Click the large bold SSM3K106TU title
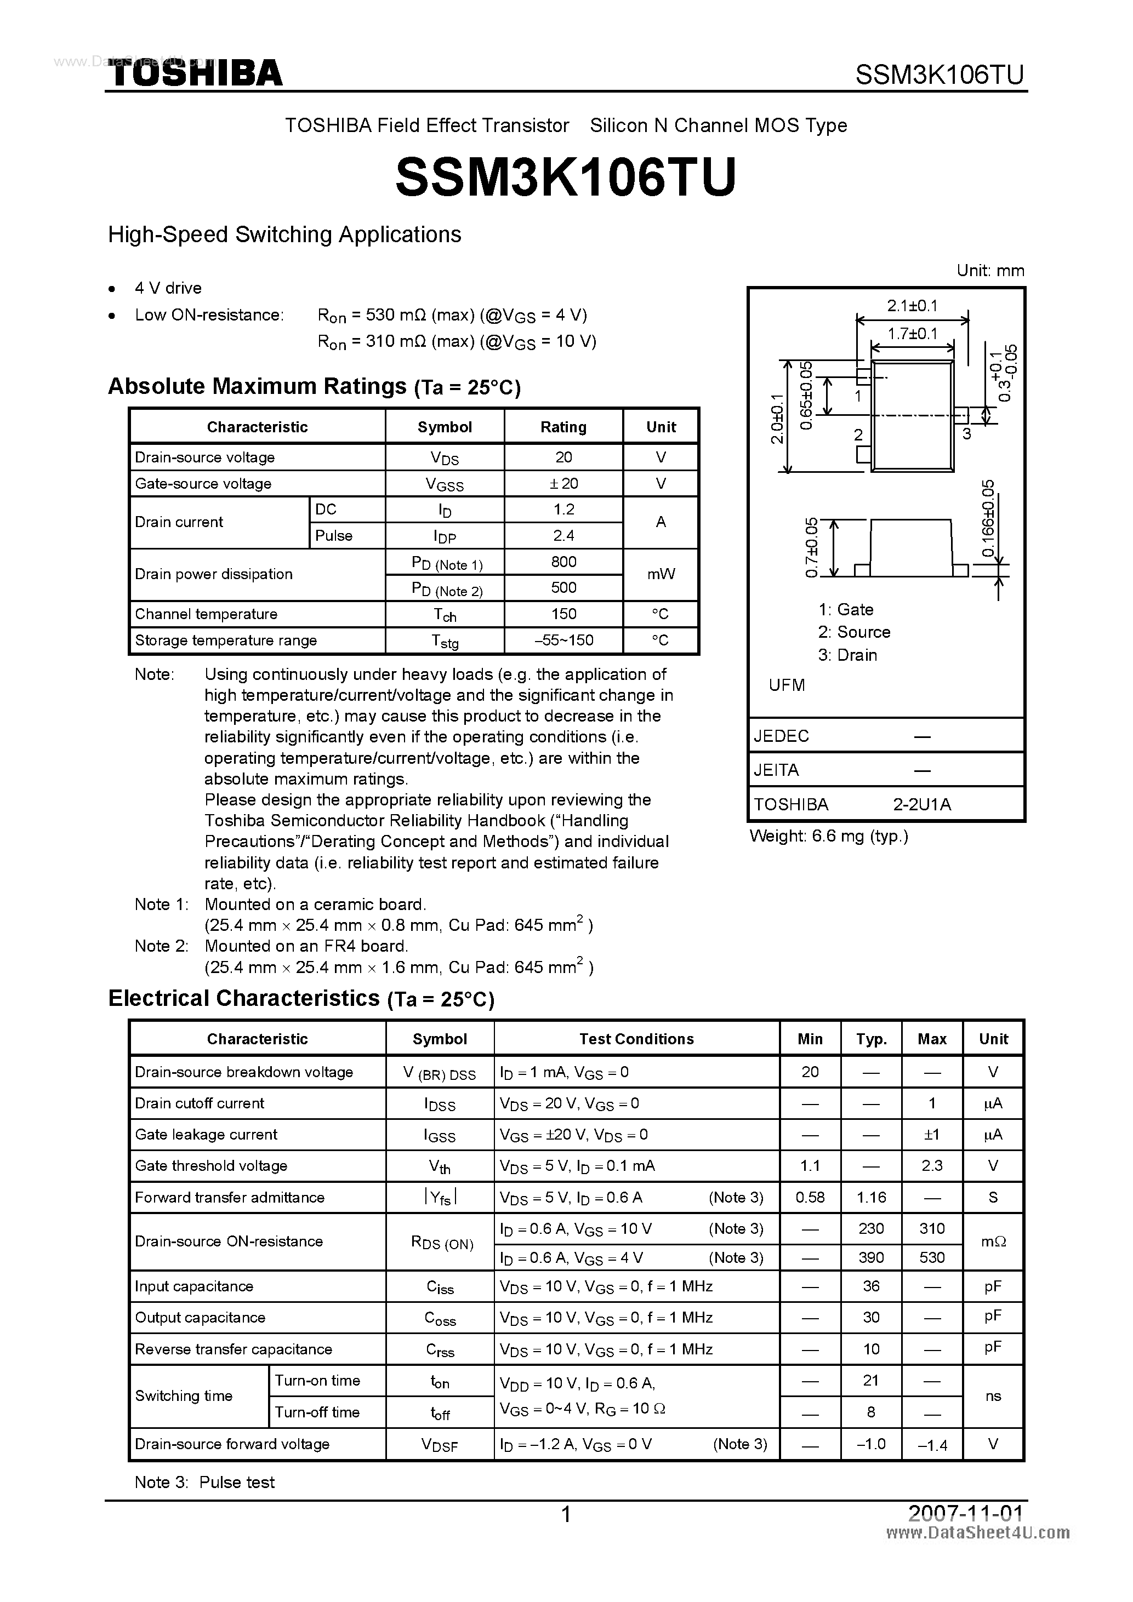tap(566, 177)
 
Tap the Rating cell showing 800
tap(563, 562)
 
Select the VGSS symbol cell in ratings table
tap(444, 484)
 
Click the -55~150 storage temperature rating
tap(563, 640)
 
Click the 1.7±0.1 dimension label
tap(913, 334)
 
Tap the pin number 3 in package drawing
tap(967, 434)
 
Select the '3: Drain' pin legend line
tap(847, 655)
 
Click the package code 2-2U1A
tap(921, 804)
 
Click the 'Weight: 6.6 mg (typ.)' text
tap(829, 836)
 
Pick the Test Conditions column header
tap(636, 1039)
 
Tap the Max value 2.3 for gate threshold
tap(932, 1166)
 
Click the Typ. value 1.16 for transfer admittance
tap(871, 1197)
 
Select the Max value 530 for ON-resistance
tap(932, 1257)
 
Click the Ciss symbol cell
tap(440, 1288)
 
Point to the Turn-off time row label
tap(317, 1412)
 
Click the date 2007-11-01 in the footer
tap(965, 1513)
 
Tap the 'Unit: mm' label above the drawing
tap(990, 271)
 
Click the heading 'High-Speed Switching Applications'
tap(284, 234)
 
